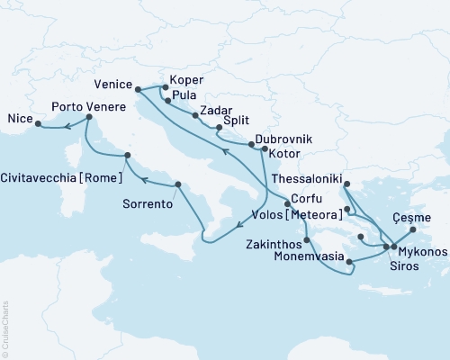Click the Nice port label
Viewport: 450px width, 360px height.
click(x=19, y=118)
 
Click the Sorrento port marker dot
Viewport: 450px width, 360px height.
click(x=178, y=184)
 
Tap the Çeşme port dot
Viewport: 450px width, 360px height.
click(x=413, y=229)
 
